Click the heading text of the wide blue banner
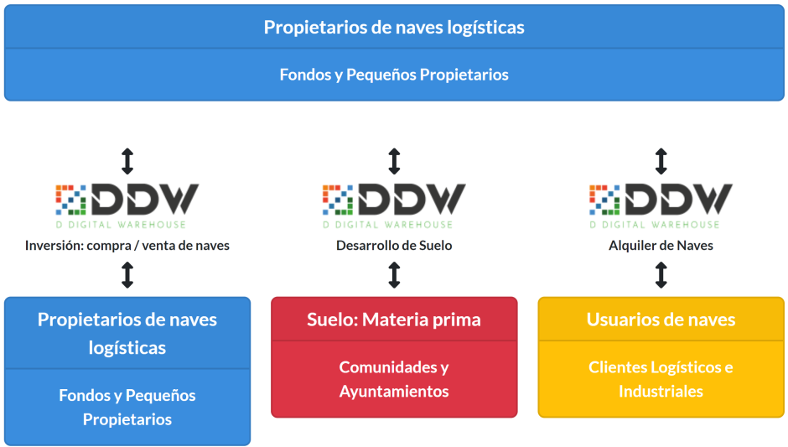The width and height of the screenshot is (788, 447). point(394,28)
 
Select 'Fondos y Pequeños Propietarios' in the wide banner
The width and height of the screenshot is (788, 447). point(394,75)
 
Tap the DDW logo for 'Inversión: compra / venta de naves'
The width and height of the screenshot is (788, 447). point(127,205)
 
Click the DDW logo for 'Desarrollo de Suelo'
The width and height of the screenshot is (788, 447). point(394,205)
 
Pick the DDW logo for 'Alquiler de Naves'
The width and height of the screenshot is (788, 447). point(661,205)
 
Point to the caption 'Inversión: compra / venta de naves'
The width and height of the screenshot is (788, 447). point(127,246)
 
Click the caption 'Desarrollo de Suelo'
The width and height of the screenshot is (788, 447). point(394,246)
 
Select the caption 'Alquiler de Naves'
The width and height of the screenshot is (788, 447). point(661,246)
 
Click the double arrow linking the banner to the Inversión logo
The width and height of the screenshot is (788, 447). point(127,161)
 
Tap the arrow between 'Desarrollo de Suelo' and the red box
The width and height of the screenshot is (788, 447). point(394,275)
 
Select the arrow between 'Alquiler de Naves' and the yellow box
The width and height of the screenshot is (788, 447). point(661,275)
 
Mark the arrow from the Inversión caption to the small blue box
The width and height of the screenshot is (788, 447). point(127,275)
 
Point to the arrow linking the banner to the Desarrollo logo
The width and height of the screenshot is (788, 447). point(394,161)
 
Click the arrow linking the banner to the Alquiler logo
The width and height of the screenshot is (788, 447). point(661,161)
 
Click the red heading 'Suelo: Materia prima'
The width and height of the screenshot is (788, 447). point(394,320)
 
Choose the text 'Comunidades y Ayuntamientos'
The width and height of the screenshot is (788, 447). point(394,379)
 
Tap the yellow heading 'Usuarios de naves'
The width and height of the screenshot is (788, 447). point(661,320)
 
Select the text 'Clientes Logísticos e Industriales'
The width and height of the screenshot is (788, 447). point(661,379)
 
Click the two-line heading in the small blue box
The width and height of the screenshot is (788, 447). point(127,333)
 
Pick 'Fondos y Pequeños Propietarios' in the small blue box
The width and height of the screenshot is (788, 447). point(127,407)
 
